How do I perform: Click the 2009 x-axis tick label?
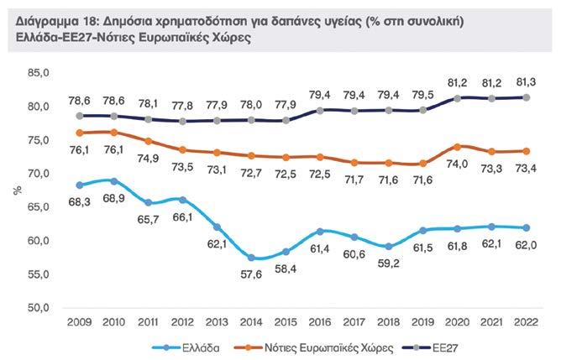(x=80, y=322)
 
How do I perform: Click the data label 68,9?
(x=113, y=198)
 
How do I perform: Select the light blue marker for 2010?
(x=113, y=181)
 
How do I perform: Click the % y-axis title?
(x=17, y=190)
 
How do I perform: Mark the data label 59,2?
(x=390, y=263)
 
